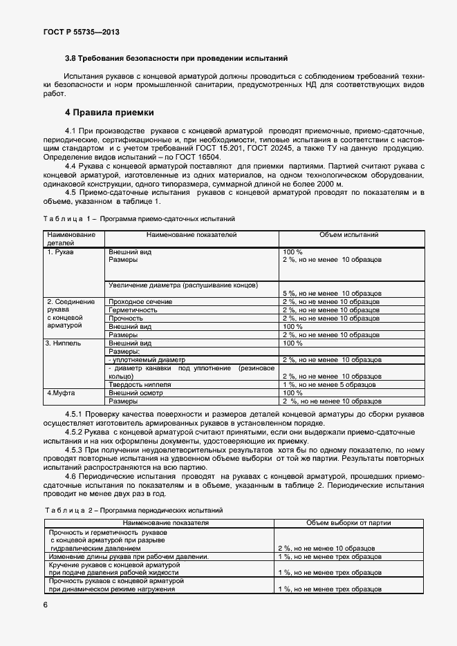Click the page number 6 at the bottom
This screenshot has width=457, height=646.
[46, 605]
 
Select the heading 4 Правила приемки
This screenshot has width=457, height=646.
[109, 112]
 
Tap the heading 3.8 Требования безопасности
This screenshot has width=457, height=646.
[176, 59]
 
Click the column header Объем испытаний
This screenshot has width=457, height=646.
[348, 235]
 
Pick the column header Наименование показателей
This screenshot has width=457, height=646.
[191, 235]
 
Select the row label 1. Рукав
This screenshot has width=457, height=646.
[60, 252]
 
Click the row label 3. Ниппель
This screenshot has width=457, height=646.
[63, 343]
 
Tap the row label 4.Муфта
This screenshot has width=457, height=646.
[60, 392]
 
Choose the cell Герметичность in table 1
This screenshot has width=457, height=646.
[133, 310]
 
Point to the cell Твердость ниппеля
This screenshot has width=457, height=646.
[140, 384]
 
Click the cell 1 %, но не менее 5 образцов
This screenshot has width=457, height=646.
[328, 384]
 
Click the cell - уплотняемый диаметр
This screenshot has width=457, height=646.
[147, 359]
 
